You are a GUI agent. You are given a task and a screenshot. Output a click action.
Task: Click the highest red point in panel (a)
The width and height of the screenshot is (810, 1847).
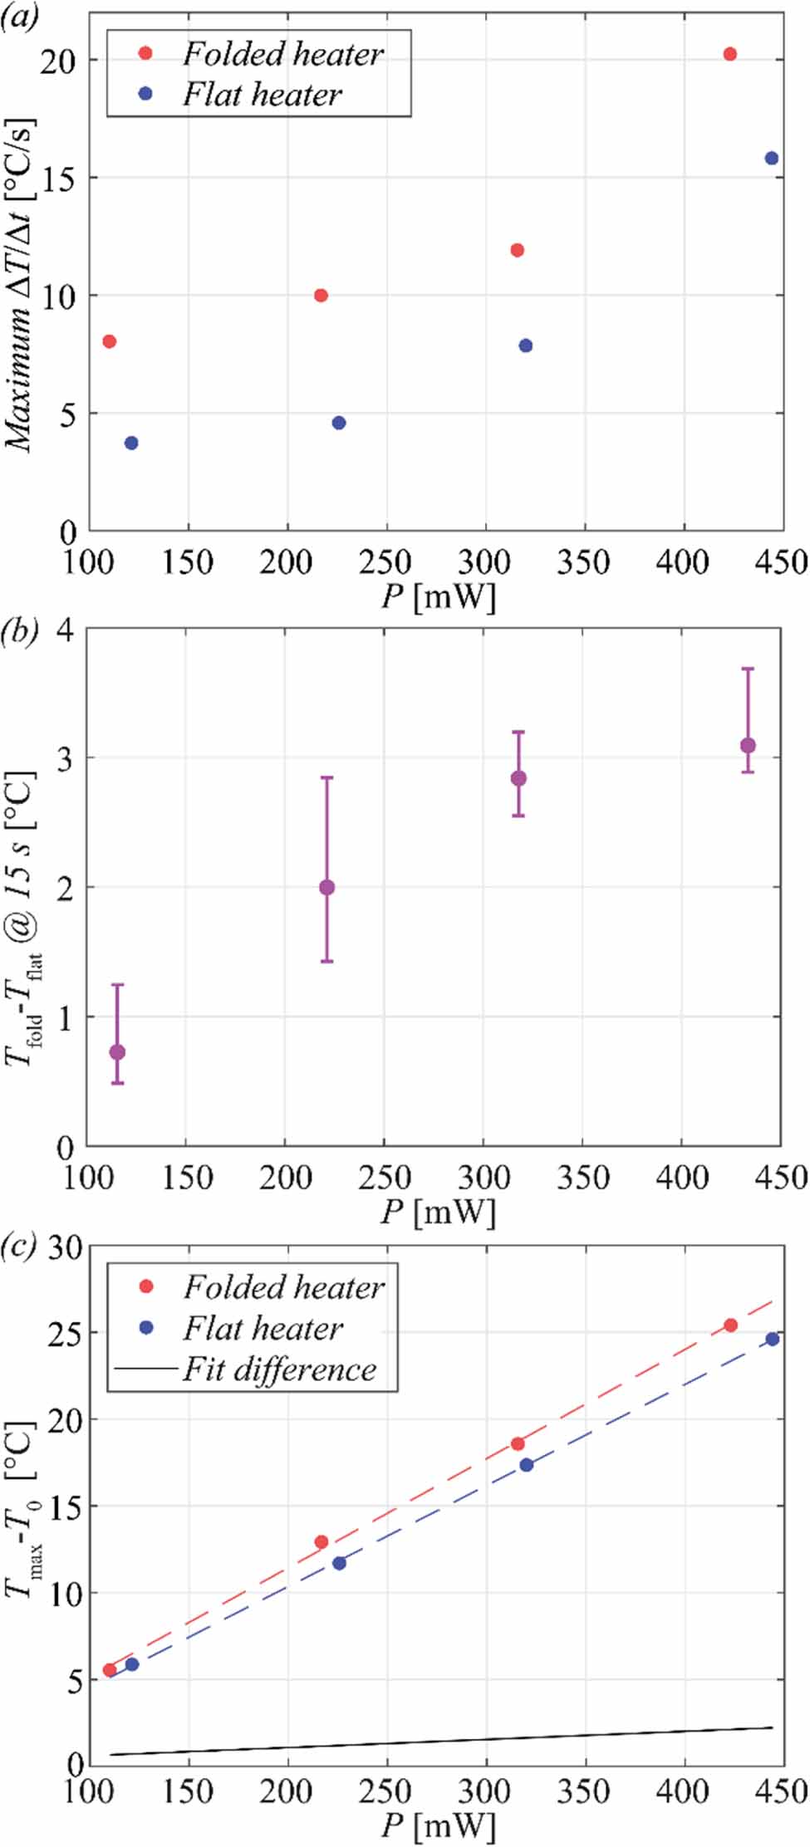729,54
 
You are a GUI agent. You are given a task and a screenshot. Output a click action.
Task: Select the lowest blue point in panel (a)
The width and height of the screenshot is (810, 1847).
131,443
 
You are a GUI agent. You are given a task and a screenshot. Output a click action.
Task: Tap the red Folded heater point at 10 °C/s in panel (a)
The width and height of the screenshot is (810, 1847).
321,296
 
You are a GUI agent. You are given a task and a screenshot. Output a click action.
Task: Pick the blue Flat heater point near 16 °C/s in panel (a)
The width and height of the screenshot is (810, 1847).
771,158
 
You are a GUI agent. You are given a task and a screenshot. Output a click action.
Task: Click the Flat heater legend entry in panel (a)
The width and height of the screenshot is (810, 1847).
261,95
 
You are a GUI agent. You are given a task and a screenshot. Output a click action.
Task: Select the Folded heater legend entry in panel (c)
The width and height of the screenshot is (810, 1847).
282,1287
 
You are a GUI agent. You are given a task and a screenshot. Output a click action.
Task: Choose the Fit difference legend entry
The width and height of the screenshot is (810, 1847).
279,1369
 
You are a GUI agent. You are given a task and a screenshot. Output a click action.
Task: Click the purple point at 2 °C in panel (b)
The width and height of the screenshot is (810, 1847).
326,888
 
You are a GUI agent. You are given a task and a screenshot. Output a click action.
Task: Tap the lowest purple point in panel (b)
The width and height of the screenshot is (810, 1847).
117,1052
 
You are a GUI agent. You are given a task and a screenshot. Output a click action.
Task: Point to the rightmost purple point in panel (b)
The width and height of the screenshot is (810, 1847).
748,745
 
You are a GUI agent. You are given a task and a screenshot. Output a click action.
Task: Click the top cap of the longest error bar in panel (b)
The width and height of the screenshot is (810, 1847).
326,777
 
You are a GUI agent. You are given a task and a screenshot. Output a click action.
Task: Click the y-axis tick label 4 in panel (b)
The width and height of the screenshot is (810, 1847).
65,630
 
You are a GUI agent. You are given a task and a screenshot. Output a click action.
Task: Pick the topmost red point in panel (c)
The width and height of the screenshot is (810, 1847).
730,1325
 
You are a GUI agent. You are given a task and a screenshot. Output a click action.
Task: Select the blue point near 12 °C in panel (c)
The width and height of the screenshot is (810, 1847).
339,1563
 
